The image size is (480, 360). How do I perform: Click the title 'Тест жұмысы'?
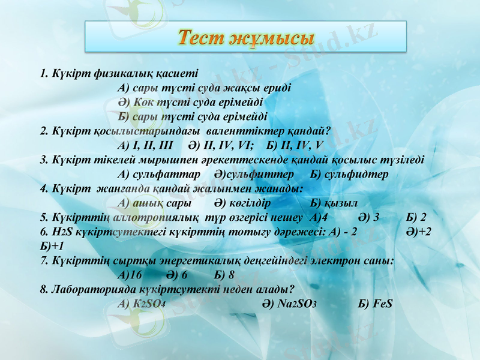click(245, 38)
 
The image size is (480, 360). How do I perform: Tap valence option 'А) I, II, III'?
click(146, 145)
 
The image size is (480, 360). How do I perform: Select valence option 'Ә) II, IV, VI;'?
click(221, 145)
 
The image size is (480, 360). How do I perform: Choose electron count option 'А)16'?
click(130, 275)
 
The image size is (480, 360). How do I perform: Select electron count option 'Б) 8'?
click(223, 275)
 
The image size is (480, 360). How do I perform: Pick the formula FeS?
click(375, 304)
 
